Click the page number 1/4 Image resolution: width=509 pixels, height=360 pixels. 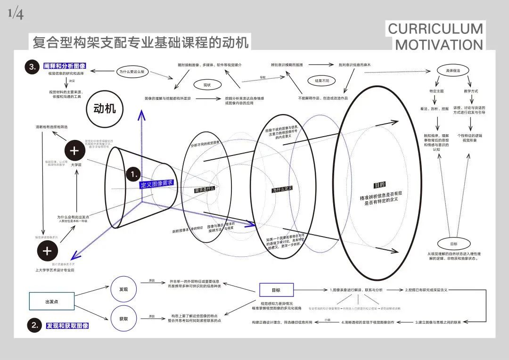[15, 15]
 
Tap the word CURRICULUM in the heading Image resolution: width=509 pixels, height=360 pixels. [435, 29]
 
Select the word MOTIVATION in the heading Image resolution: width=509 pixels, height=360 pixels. [439, 45]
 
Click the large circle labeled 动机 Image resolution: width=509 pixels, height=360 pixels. [105, 109]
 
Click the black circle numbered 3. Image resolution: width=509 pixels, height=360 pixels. [32, 67]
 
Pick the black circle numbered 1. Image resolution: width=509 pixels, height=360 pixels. [134, 175]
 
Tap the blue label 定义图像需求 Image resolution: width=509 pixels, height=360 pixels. [157, 183]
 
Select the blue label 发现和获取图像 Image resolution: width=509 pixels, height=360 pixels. [67, 326]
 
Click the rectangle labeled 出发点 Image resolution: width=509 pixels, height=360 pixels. [52, 301]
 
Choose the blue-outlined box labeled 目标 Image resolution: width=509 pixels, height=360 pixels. [276, 290]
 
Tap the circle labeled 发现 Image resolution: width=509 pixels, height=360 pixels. [123, 289]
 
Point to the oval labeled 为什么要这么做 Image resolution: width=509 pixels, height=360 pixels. [135, 72]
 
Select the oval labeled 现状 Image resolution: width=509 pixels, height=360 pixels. [206, 85]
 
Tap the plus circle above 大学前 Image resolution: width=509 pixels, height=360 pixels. [74, 151]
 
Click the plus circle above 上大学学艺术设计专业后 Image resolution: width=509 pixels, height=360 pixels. [47, 251]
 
